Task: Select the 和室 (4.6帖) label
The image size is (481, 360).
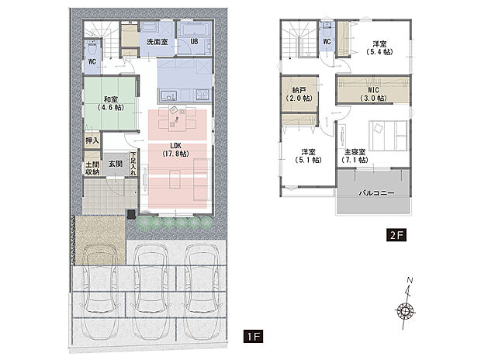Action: tap(109, 102)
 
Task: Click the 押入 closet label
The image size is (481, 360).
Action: tap(92, 142)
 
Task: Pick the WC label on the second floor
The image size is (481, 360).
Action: tap(327, 42)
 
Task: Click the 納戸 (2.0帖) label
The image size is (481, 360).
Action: tap(297, 94)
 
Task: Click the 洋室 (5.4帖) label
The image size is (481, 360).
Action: tap(379, 47)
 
